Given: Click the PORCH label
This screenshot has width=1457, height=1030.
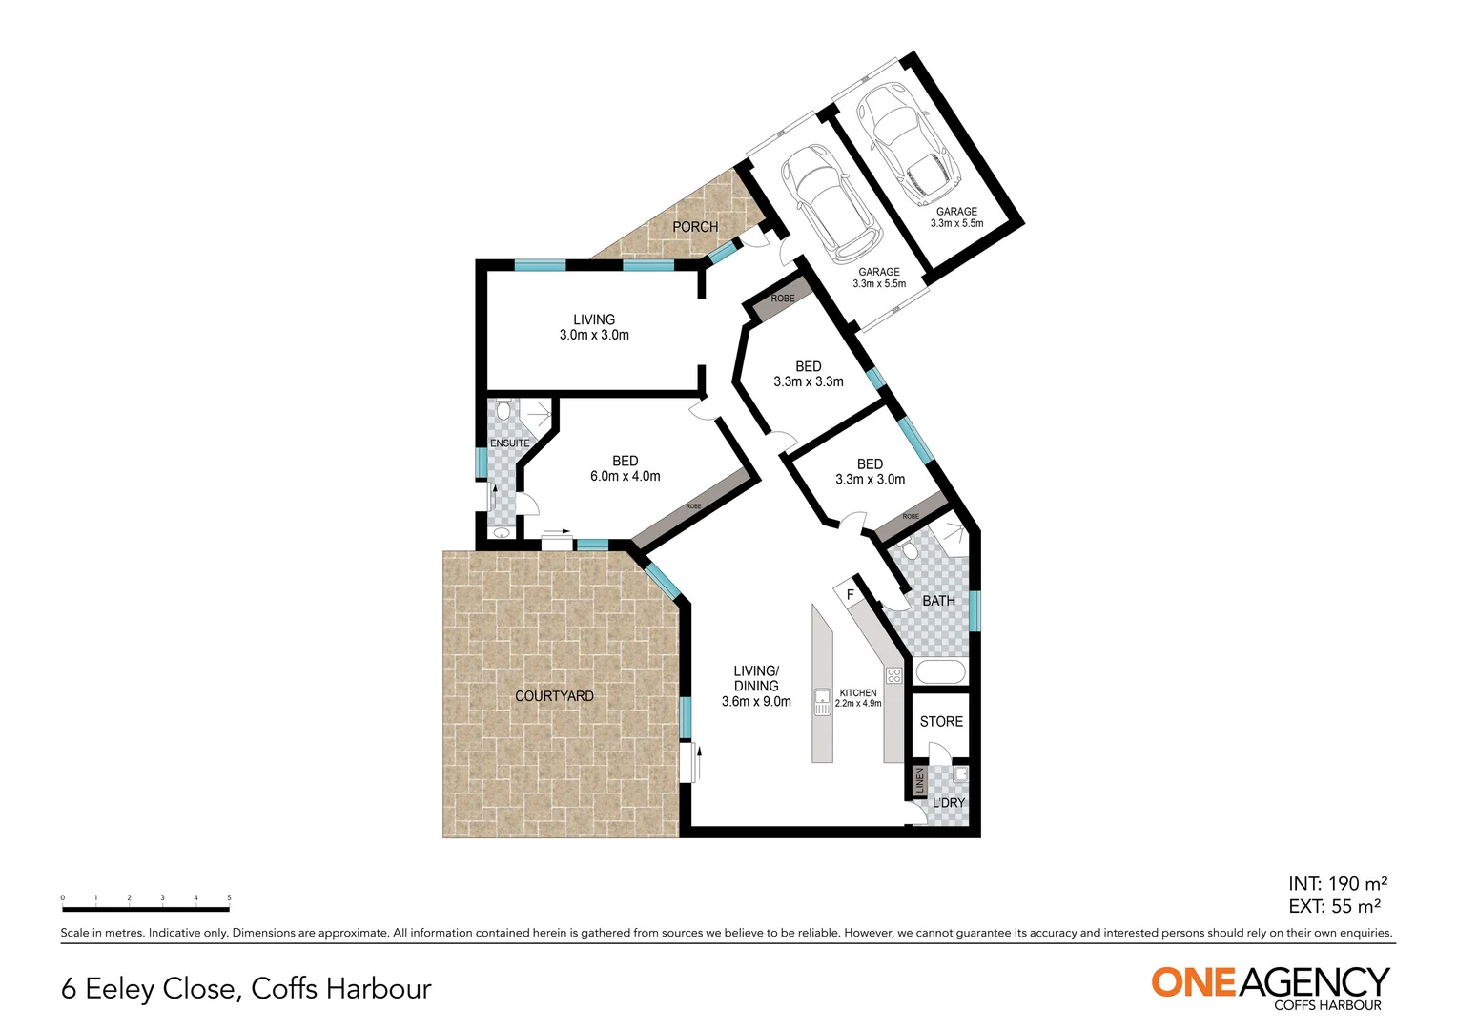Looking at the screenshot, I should click(695, 227).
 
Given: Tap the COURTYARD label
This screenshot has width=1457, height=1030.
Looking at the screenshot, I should click(554, 696).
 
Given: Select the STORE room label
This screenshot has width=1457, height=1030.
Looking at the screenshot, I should click(941, 722).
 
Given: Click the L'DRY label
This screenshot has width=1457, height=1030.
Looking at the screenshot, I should click(949, 803).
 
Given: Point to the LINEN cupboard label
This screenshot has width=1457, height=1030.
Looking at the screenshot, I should click(919, 781).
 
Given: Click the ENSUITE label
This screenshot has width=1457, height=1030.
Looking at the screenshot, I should click(509, 443).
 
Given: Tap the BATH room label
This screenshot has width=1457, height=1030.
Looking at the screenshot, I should click(938, 601).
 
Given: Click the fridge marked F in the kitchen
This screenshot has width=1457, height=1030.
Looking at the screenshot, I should click(850, 595).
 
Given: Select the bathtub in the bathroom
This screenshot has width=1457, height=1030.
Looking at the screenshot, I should click(940, 671).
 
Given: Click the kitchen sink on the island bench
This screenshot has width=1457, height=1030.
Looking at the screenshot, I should click(822, 702).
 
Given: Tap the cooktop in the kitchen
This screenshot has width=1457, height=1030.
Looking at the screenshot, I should click(893, 676).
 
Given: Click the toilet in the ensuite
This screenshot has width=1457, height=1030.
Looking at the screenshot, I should click(503, 411).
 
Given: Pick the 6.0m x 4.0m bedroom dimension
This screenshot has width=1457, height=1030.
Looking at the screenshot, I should click(626, 477).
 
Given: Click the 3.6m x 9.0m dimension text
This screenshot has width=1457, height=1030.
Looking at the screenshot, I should click(756, 702).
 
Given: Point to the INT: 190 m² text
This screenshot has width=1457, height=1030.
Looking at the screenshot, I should click(1337, 884).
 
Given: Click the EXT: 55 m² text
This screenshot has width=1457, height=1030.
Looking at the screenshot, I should click(1334, 907).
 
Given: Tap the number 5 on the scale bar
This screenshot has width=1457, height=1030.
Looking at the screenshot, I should click(229, 898).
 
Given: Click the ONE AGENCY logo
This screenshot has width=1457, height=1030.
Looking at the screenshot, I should click(1270, 985).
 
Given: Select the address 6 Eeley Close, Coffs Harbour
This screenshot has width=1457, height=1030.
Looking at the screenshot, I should click(246, 989).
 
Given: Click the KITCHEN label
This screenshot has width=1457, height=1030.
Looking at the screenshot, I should click(858, 693).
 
